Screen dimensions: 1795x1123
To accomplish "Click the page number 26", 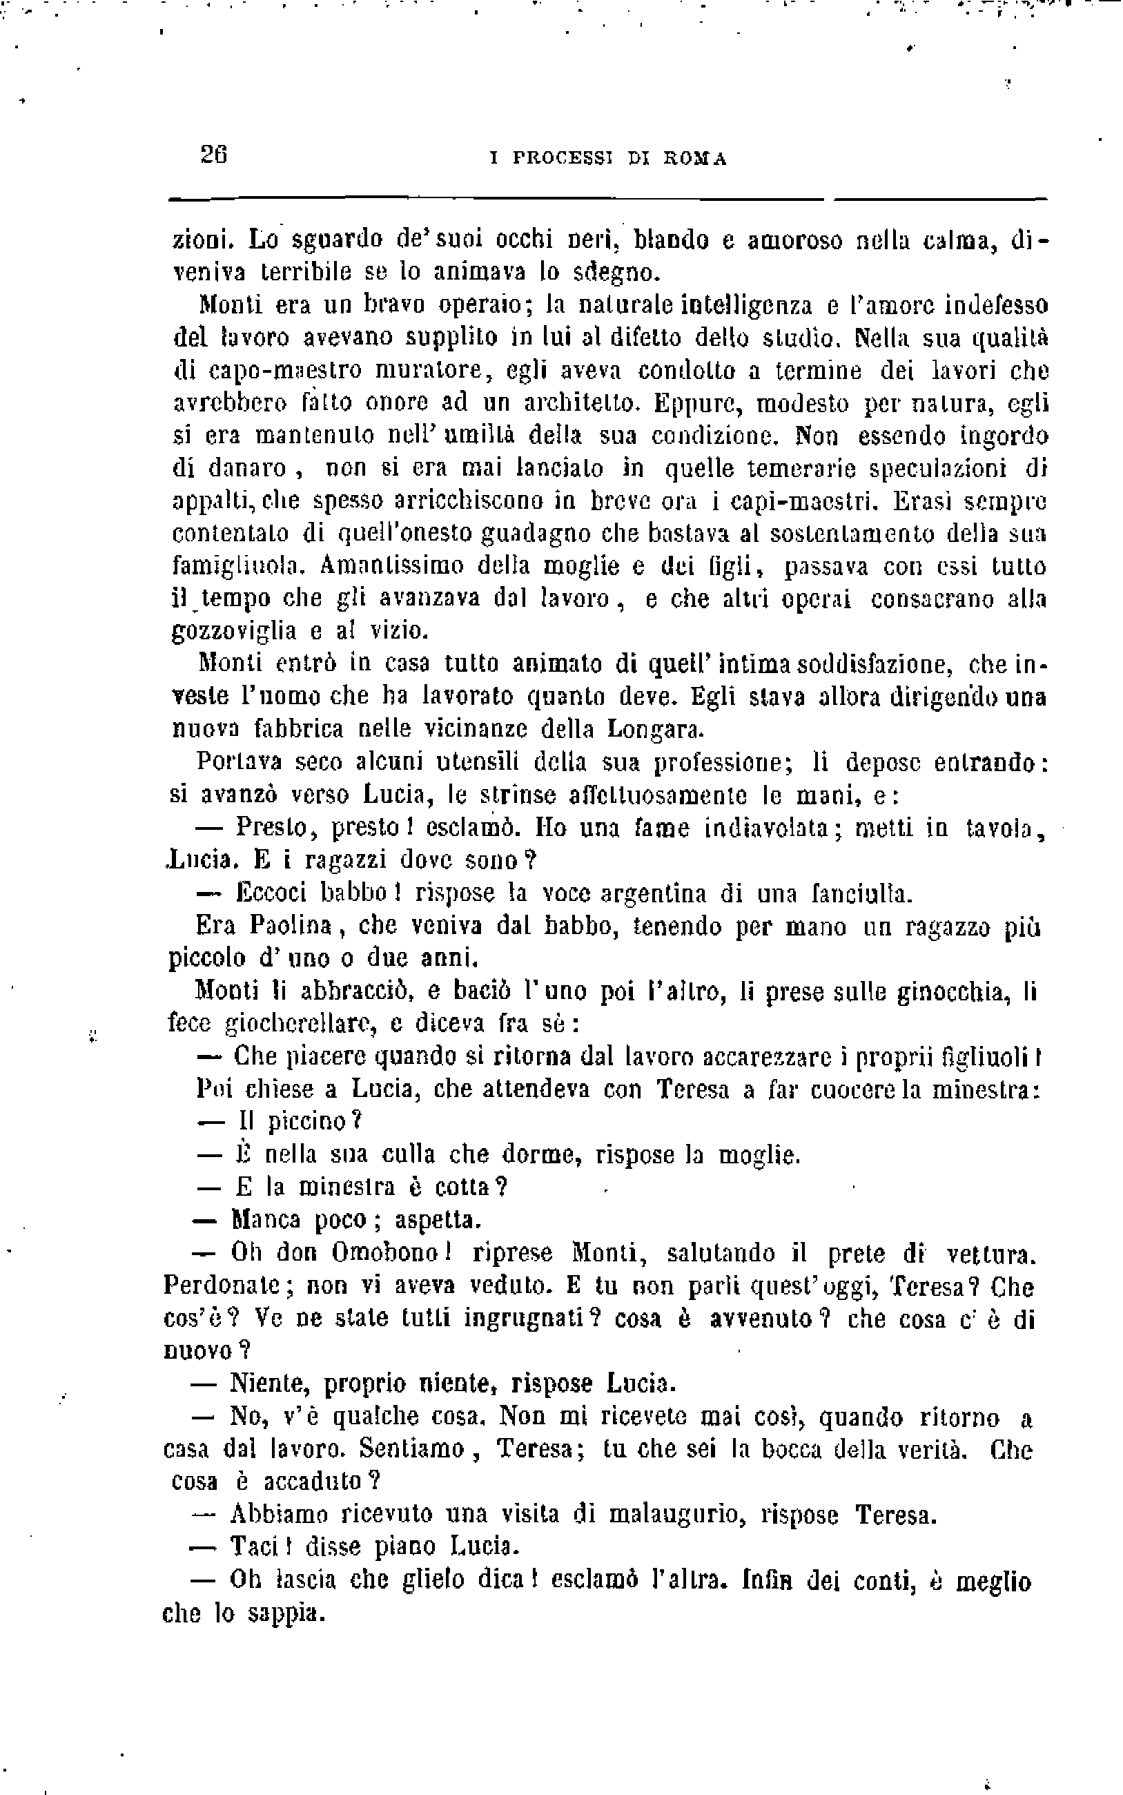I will click(x=213, y=155).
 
